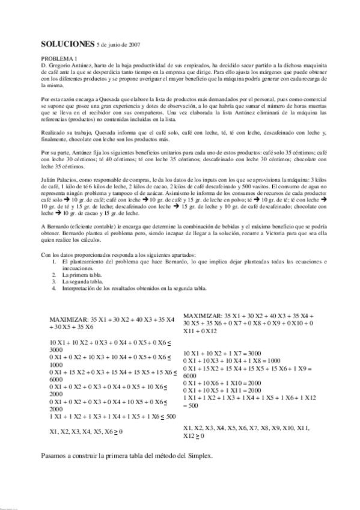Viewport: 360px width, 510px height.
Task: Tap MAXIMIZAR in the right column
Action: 203,316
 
